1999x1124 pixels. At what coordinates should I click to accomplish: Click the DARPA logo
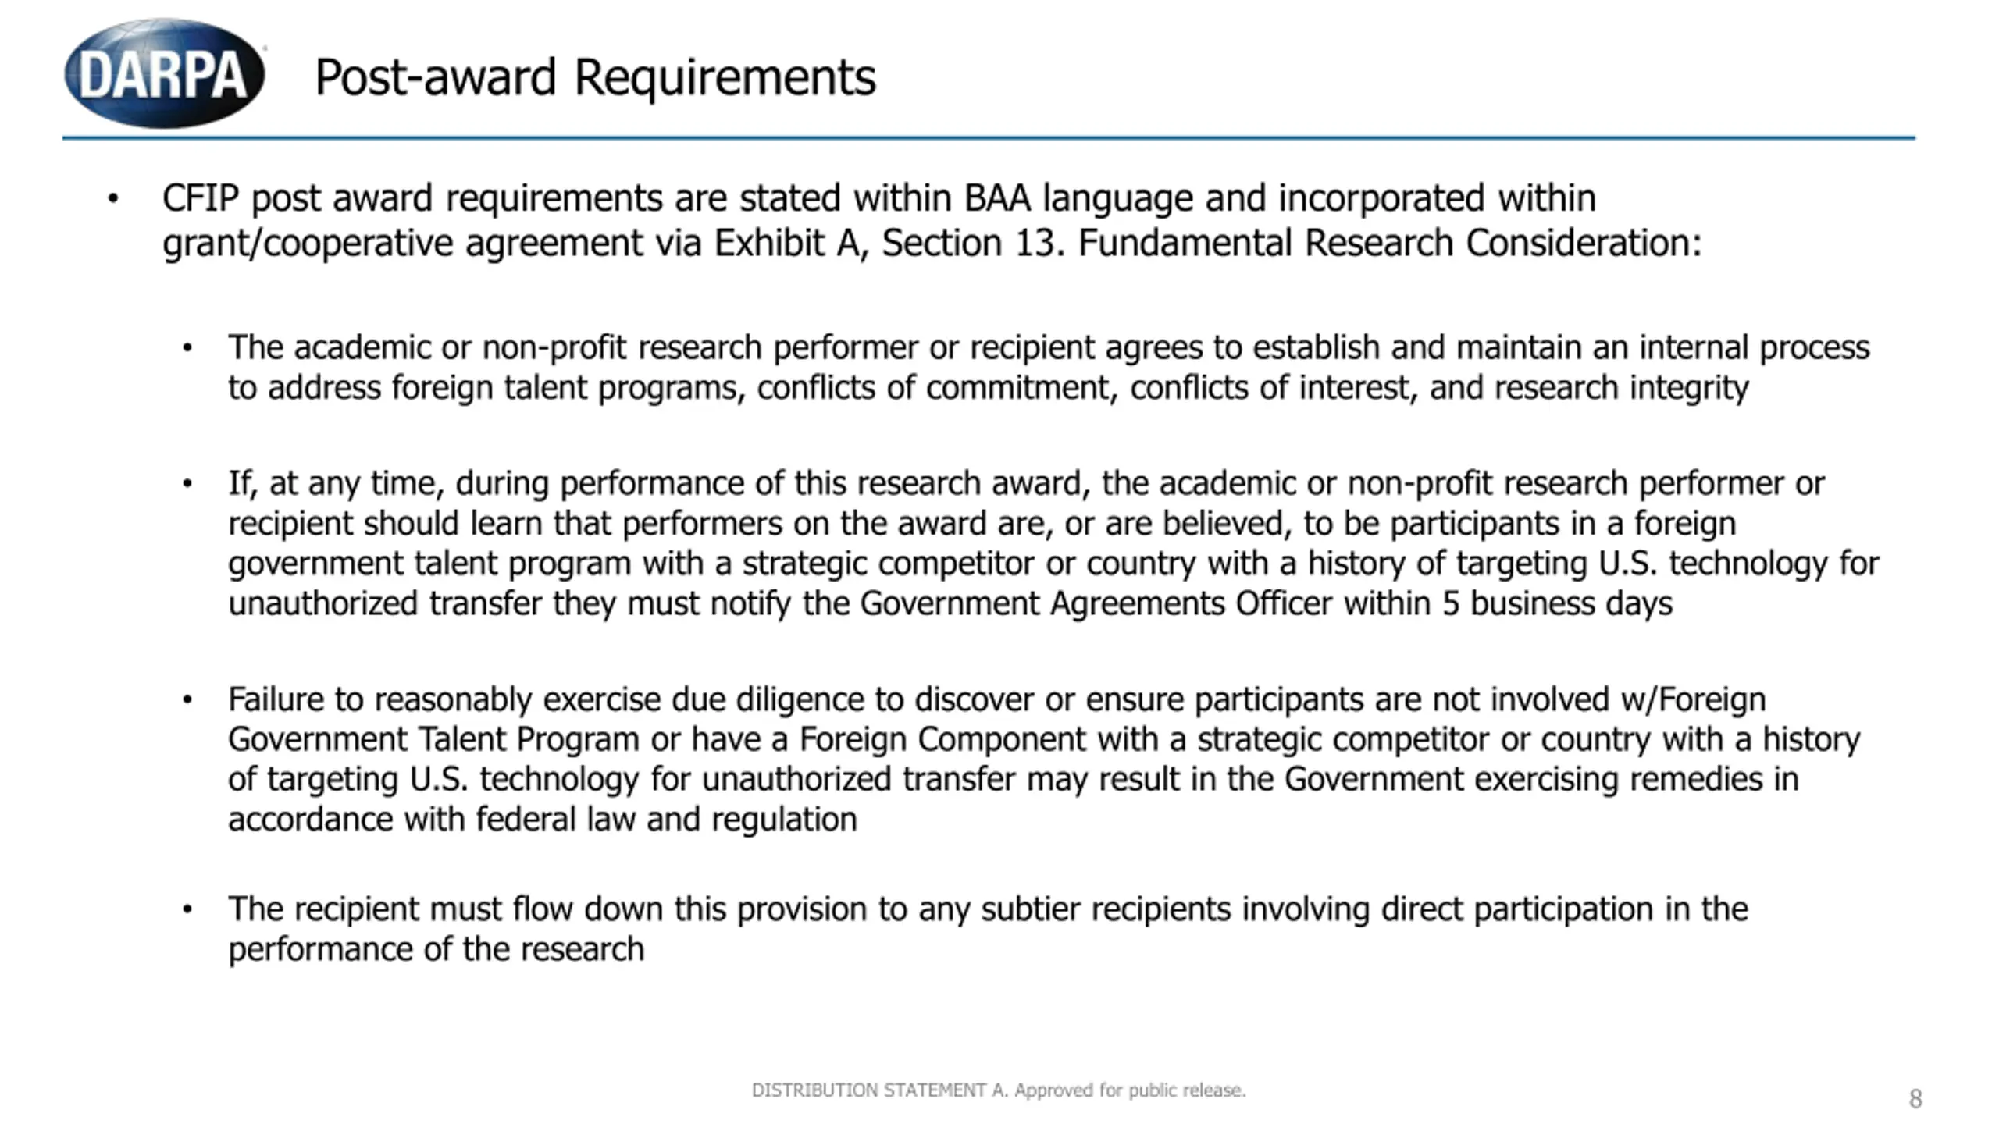[164, 74]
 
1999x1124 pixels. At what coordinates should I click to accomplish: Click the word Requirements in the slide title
[725, 78]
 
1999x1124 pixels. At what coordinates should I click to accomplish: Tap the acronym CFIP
[200, 198]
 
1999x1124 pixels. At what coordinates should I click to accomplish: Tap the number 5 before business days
[1451, 604]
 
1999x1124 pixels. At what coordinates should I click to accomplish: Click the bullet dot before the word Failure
[187, 700]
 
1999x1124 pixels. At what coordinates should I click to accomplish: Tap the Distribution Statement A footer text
[999, 1090]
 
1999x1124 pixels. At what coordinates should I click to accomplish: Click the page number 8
[1915, 1099]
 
